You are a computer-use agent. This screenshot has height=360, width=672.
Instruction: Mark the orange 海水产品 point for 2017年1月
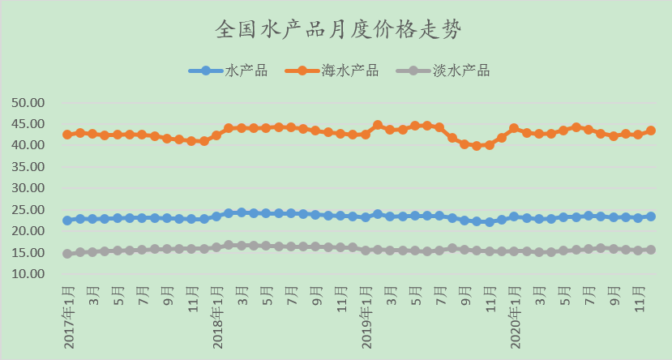[67, 135]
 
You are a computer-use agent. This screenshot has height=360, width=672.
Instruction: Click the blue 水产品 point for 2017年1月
[67, 221]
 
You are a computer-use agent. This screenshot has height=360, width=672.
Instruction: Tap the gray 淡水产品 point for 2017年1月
[67, 254]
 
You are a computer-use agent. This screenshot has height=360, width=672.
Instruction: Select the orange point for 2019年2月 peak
[378, 125]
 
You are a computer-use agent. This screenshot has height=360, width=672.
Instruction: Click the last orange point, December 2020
[651, 131]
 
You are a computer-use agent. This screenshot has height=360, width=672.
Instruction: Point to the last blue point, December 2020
[651, 216]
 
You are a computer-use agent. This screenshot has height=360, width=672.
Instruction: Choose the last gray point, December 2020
[651, 250]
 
